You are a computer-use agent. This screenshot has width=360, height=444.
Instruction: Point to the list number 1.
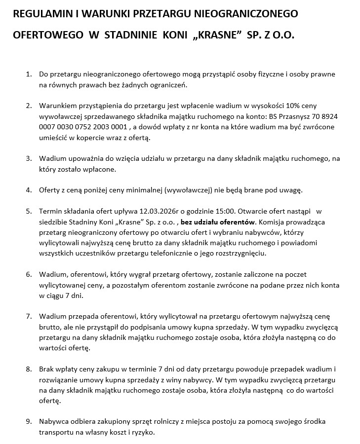[28, 74]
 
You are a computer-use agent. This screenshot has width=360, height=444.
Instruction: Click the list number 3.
[28, 158]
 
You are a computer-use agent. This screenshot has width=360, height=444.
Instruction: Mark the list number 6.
[28, 274]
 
